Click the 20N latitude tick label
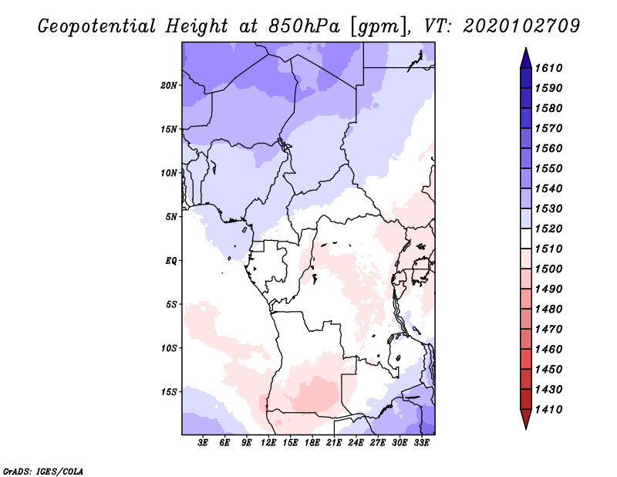coord(169,85)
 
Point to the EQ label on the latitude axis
coord(171,261)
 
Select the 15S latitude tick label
coord(169,392)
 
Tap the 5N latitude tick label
coord(171,217)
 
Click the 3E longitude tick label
coord(204,443)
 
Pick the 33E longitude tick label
coord(422,443)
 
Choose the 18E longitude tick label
coord(312,443)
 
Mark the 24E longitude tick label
coord(356,443)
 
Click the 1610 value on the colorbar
coord(551,68)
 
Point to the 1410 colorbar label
coord(551,409)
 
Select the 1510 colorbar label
coord(551,249)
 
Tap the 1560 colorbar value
coord(551,148)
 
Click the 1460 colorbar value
coord(551,349)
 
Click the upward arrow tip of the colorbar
coord(524,50)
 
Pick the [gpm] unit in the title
coord(376,26)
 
